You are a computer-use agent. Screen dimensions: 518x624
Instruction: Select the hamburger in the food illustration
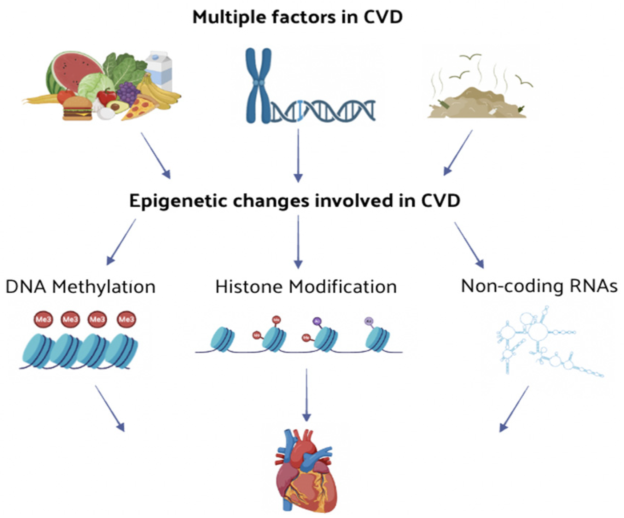click(77, 108)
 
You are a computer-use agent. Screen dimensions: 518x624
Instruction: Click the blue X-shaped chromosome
click(258, 86)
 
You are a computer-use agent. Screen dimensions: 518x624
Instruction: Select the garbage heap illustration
click(476, 104)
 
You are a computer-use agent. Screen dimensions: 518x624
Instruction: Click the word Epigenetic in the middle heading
click(178, 201)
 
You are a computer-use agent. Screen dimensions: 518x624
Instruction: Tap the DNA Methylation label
click(80, 287)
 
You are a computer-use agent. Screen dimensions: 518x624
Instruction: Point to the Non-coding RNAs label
click(539, 286)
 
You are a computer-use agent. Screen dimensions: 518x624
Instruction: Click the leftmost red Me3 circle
click(43, 320)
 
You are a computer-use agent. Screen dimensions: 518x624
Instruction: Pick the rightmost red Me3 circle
click(126, 320)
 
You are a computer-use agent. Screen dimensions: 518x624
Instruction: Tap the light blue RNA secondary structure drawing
click(538, 339)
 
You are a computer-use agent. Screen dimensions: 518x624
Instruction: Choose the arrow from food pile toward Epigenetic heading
click(155, 155)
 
